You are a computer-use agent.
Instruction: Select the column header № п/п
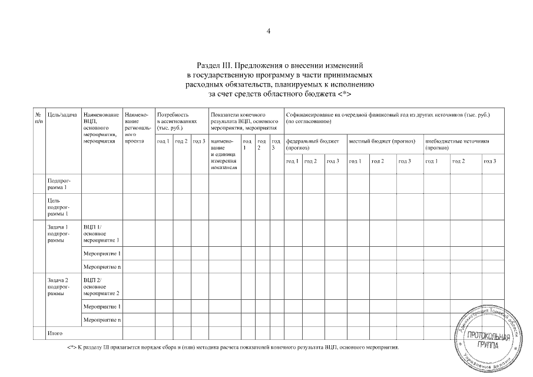click(38, 117)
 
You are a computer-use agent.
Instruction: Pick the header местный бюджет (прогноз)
click(382, 141)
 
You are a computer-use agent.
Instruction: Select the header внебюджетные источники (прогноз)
click(456, 144)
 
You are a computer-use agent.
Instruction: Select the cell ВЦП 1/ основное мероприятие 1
click(101, 233)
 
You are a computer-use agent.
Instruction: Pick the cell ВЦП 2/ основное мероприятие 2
click(101, 286)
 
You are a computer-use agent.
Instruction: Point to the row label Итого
click(55, 333)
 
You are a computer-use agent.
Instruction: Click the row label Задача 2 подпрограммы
click(59, 286)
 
